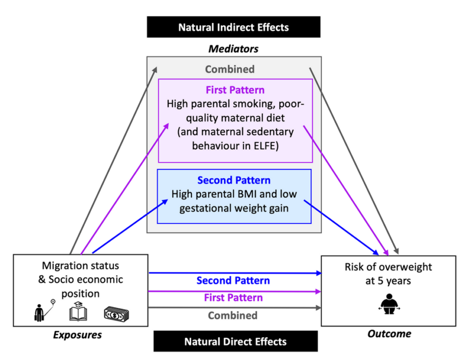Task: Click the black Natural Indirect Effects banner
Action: [233, 27]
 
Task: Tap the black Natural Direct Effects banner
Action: [235, 342]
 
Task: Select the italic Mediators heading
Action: [233, 48]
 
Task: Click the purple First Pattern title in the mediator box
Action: [235, 91]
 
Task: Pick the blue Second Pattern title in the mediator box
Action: [234, 180]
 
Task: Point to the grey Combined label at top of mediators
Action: [229, 69]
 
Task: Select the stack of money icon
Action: [116, 313]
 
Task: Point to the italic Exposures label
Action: [77, 335]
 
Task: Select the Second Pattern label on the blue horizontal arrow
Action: [233, 280]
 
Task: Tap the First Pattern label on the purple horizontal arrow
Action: [233, 297]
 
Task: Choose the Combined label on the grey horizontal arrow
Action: [232, 315]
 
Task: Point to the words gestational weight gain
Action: [233, 207]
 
